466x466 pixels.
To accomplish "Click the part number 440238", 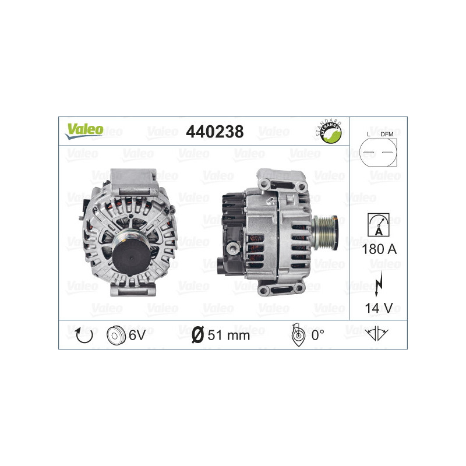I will [x=214, y=132].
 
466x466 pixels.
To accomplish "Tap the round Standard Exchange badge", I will [x=328, y=132].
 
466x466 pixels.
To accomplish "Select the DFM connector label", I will [x=386, y=135].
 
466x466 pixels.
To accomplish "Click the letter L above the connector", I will [x=369, y=135].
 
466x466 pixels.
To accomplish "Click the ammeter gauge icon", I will [x=378, y=224].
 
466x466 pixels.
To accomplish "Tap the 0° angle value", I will [x=317, y=335].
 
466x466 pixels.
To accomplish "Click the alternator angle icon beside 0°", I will [x=296, y=334].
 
